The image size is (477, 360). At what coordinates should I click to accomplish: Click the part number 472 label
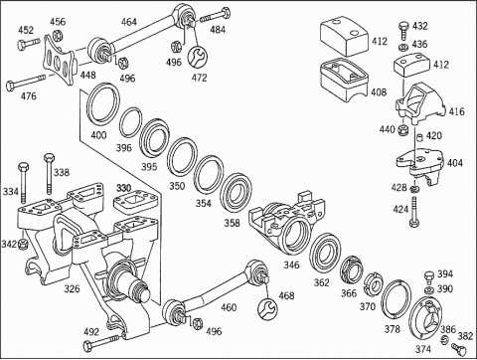click(x=199, y=78)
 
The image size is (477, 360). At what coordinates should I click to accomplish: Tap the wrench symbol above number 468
click(x=267, y=309)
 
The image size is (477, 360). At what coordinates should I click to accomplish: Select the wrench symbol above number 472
click(x=198, y=57)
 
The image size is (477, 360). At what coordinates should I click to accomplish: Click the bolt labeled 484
click(x=216, y=15)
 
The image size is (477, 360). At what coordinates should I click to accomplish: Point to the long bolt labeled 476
click(x=26, y=82)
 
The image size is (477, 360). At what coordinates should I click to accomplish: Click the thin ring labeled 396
click(x=130, y=122)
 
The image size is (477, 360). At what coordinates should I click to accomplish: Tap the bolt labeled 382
click(x=459, y=348)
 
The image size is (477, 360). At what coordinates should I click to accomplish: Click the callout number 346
click(x=291, y=265)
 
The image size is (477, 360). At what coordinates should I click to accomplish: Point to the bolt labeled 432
click(x=403, y=31)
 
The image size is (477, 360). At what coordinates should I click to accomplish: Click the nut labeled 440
click(x=402, y=130)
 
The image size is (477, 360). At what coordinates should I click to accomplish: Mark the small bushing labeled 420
click(x=419, y=137)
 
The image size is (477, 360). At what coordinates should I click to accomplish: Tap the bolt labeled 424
click(x=414, y=212)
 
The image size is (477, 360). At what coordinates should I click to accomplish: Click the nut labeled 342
click(x=23, y=244)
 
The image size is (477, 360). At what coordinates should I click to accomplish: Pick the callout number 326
click(x=72, y=288)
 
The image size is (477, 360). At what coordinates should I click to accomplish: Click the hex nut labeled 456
click(x=57, y=34)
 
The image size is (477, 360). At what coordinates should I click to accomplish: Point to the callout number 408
click(x=379, y=91)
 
